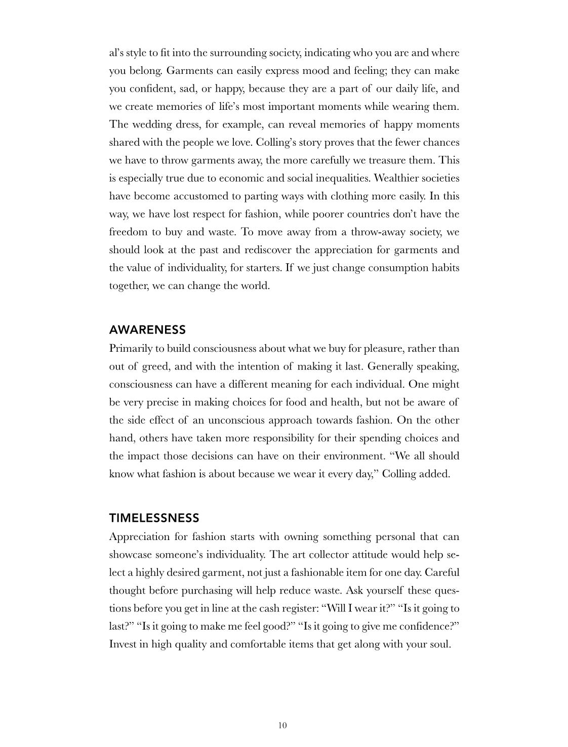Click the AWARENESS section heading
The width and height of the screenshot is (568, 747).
click(147, 330)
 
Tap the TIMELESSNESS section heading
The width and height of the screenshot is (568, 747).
click(154, 518)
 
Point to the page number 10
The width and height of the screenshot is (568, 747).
click(282, 725)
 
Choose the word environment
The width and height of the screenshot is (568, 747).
click(354, 456)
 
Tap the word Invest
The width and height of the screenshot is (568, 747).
click(123, 644)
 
